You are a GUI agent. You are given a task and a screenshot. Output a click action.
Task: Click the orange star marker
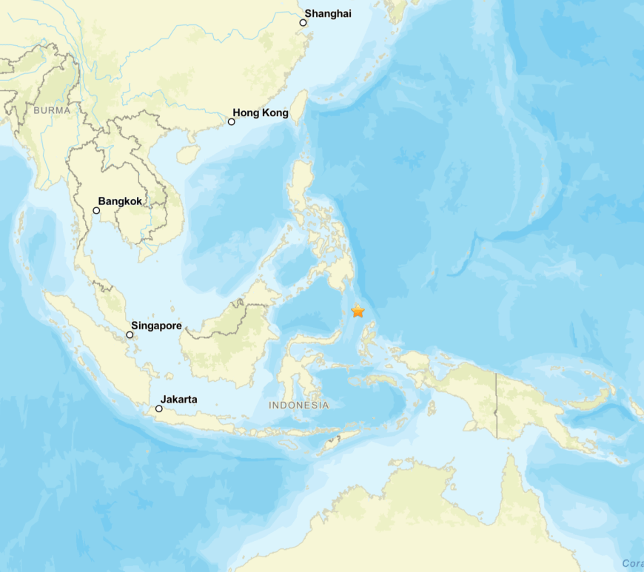coord(358,311)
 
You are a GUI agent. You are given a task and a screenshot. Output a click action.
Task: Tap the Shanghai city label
coord(328,13)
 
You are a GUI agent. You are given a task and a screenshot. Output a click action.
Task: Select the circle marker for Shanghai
coord(303,23)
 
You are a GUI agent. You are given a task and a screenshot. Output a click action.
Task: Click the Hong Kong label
coord(261,112)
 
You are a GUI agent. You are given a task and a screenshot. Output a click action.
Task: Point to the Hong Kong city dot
coord(231,121)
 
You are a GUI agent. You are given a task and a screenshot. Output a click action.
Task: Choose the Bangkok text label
coord(120,201)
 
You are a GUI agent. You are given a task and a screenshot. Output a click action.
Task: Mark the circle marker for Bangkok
coord(96,211)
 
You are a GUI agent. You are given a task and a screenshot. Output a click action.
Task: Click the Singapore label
coord(156,325)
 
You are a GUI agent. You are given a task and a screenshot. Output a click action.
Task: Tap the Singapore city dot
coord(130,334)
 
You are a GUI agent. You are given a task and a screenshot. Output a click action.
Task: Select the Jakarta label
coord(179,400)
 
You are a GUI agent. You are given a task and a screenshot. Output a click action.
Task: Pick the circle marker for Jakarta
coord(158,408)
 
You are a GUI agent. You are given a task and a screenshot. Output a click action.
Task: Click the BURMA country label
coord(52,110)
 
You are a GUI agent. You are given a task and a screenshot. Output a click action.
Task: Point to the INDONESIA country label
coord(298,406)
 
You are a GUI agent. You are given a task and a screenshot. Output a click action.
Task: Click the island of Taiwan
coord(301,107)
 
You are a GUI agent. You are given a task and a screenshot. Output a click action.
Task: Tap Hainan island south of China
coord(189,154)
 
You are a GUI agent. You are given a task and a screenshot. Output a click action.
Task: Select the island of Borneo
coord(222,348)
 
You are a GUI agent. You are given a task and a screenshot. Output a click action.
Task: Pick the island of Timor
coord(341,442)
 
